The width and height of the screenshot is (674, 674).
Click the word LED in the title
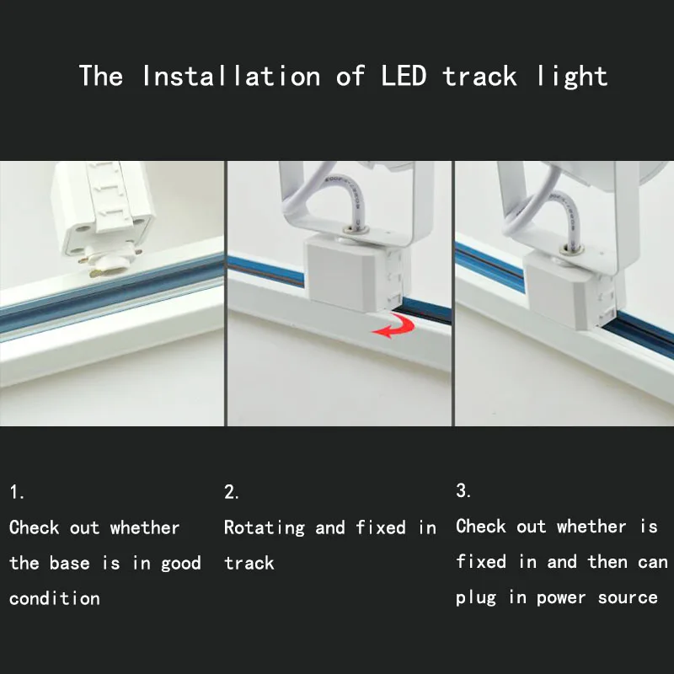click(404, 76)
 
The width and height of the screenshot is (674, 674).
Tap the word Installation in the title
click(231, 76)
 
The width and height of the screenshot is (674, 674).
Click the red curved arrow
click(393, 325)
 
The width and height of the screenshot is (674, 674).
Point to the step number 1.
click(17, 492)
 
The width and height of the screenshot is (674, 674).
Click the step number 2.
click(231, 492)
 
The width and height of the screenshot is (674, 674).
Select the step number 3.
click(463, 490)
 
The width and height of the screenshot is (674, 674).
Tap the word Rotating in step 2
click(265, 528)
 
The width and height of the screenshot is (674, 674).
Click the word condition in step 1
click(55, 598)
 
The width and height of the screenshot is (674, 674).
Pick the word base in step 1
click(69, 563)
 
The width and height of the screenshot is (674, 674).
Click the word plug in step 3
click(476, 598)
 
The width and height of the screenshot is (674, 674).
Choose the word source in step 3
click(628, 598)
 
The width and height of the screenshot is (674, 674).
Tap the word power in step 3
click(561, 598)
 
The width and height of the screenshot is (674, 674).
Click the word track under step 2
click(249, 563)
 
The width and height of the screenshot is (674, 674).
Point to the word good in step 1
click(181, 564)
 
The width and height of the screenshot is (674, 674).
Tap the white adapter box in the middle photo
click(357, 273)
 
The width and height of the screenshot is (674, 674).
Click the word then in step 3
click(607, 561)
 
